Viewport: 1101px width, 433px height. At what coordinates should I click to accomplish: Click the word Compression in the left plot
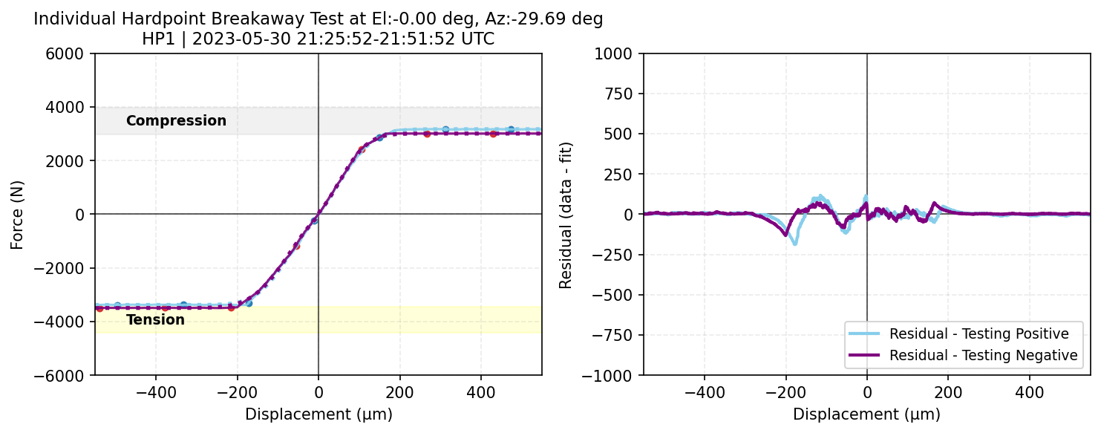pos(176,120)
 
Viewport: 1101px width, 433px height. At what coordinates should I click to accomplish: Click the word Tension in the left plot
pos(155,320)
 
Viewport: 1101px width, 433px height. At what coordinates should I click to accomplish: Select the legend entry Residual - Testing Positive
pos(979,333)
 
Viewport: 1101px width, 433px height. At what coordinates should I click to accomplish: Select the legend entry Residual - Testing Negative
pos(983,355)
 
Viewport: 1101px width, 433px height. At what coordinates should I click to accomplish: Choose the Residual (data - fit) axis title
pos(566,214)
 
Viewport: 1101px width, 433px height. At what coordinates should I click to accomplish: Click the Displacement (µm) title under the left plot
pos(318,414)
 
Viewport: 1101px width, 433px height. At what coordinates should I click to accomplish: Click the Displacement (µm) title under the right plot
pos(866,414)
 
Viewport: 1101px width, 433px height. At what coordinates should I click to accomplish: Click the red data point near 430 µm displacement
pos(493,134)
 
